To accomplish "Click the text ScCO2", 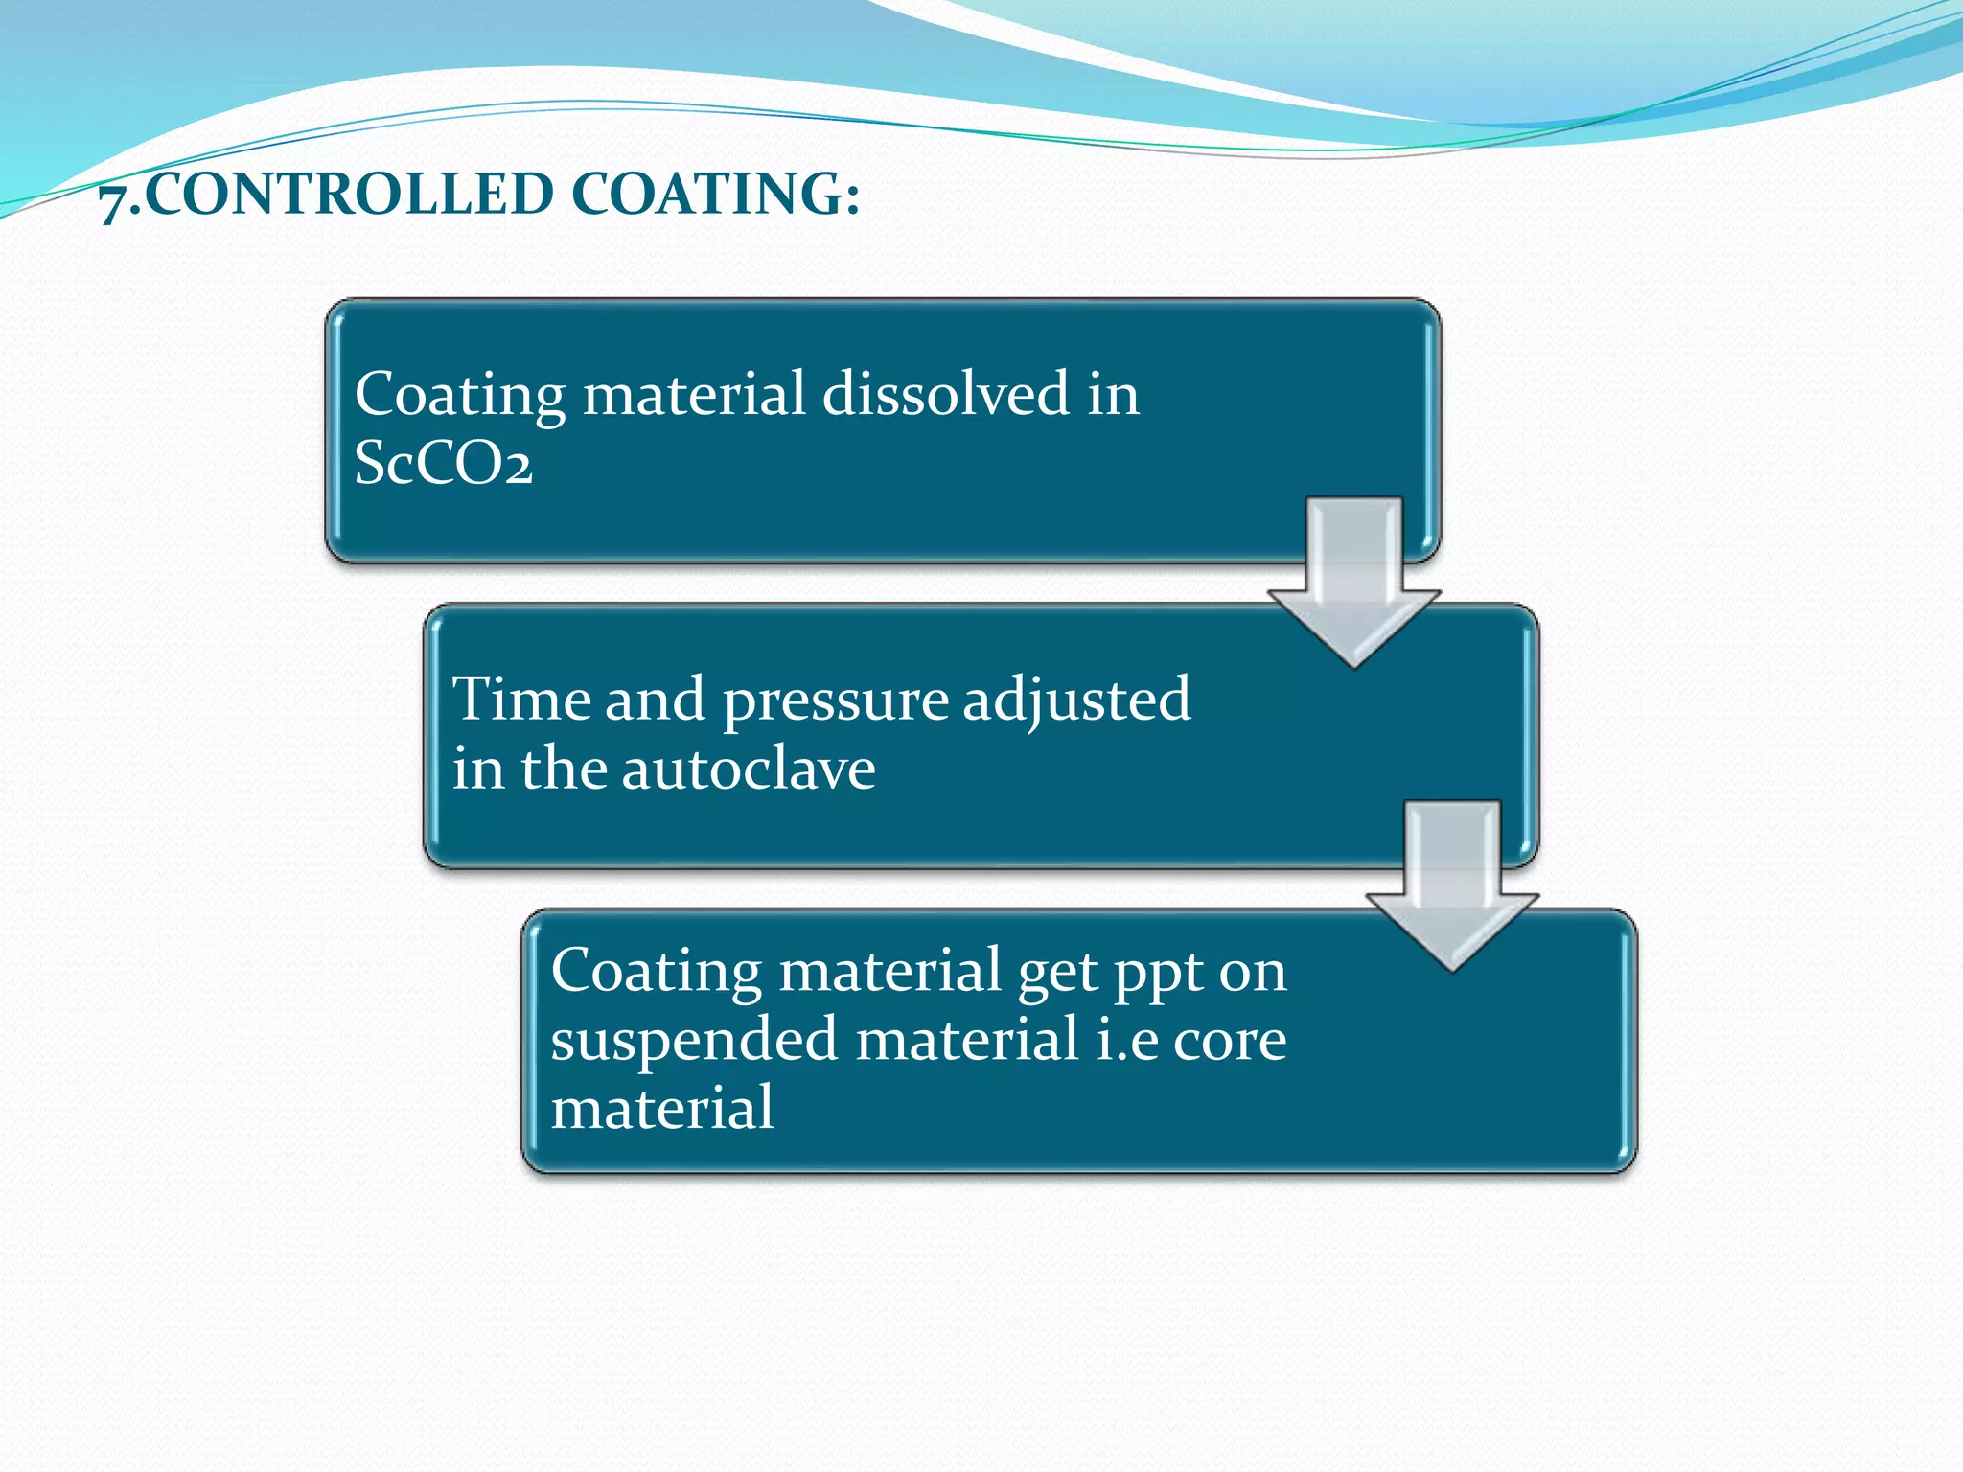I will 443,463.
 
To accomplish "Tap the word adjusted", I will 1076,701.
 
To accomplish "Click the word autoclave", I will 748,769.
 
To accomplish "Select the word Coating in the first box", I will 460,396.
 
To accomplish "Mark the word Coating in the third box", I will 656,973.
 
